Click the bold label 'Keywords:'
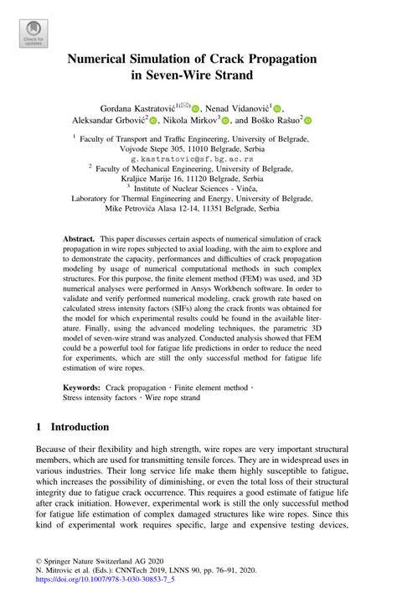(83, 388)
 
